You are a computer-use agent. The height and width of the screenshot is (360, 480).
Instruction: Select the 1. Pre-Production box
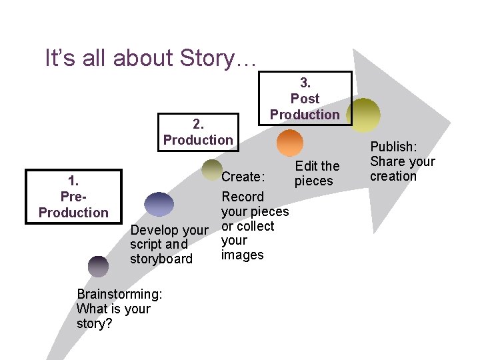[x=73, y=196]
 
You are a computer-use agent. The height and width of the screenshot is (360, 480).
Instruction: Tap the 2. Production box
[x=198, y=131]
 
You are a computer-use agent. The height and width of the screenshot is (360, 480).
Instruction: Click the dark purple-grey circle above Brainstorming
[x=98, y=266]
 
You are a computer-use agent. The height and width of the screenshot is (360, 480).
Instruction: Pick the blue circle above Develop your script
[x=159, y=204]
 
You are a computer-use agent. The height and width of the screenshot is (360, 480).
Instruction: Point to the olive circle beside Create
[x=212, y=170]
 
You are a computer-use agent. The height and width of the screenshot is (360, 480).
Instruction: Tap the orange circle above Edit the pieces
[x=289, y=143]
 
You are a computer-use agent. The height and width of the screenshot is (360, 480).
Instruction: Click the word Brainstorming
[x=119, y=294]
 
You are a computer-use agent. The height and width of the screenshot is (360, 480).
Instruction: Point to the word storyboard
[x=161, y=259]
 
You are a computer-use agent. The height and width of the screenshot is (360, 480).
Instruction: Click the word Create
[x=243, y=177]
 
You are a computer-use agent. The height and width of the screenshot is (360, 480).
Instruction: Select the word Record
[x=243, y=197]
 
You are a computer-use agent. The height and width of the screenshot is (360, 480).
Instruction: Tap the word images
[x=243, y=255]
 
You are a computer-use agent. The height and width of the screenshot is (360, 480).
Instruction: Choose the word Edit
[x=307, y=166]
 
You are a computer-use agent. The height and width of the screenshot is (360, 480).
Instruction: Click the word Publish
[x=392, y=147]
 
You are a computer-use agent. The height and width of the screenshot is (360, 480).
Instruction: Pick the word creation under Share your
[x=393, y=176]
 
